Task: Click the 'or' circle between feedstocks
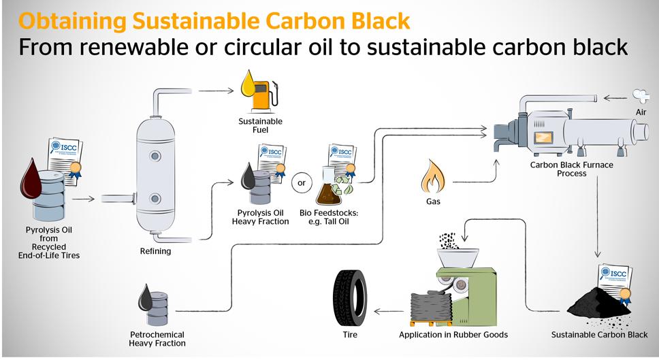300,182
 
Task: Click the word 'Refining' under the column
156,251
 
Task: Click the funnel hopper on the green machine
452,257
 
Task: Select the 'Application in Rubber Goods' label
453,335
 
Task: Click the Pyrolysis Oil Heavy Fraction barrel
259,185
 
